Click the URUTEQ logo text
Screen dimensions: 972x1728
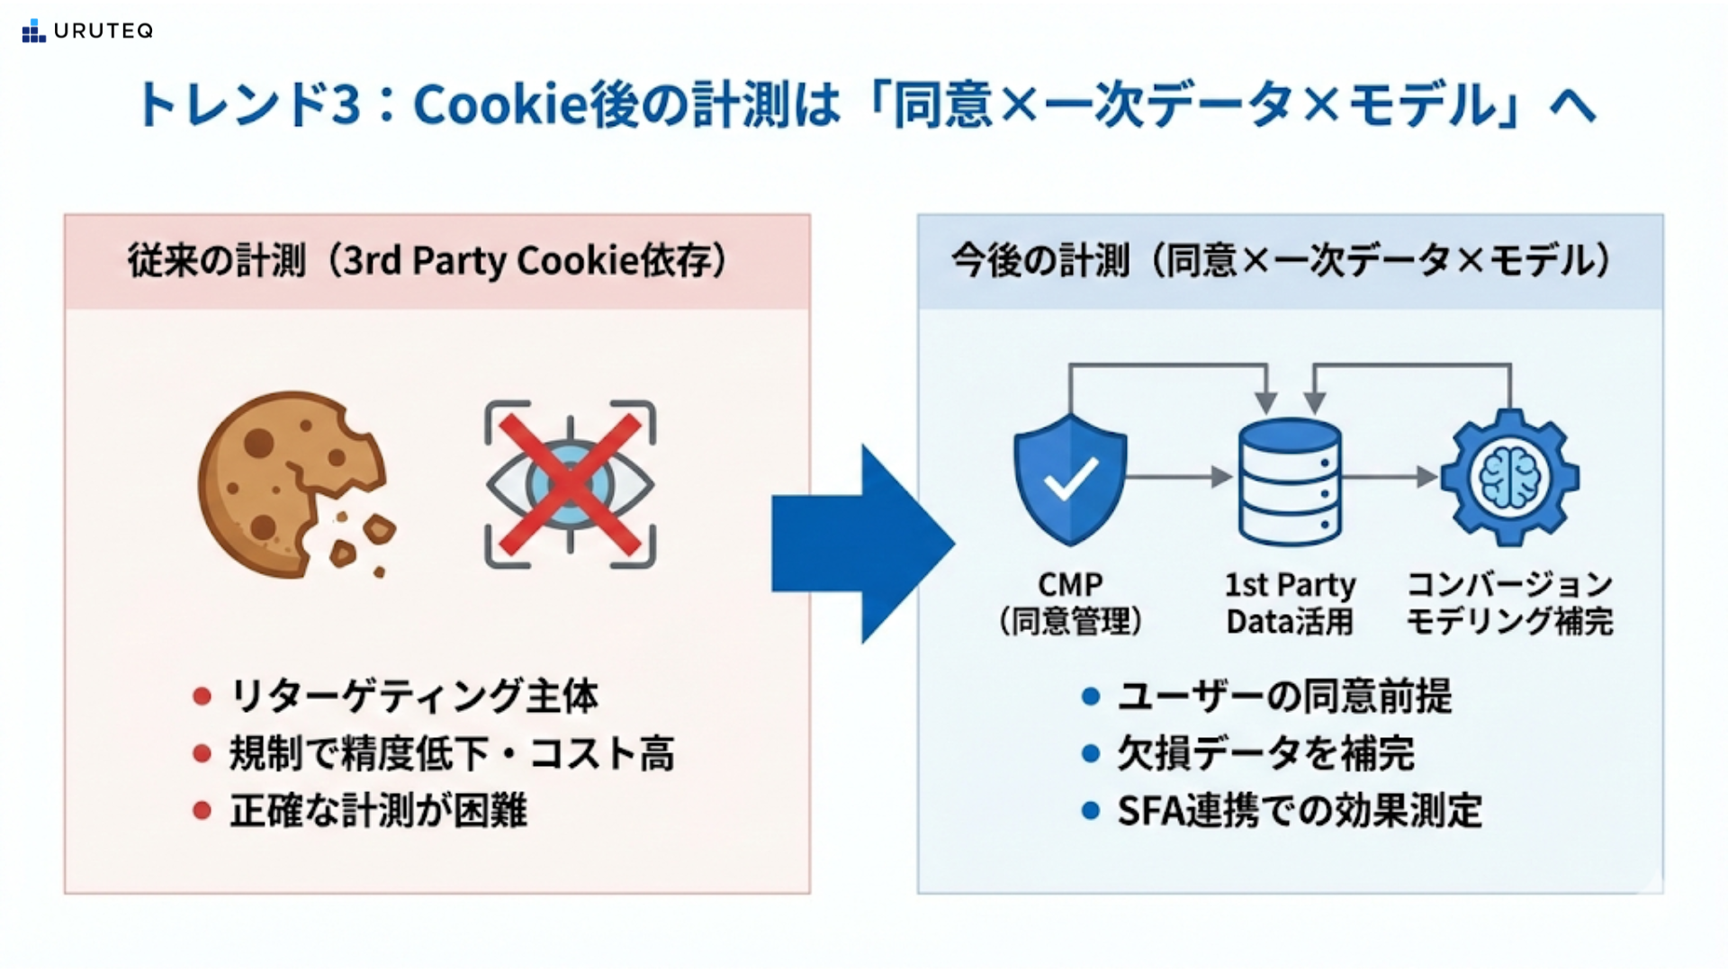click(103, 31)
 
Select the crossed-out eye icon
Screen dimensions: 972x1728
click(570, 484)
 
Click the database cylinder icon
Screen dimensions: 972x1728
click(1289, 482)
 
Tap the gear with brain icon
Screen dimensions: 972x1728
click(1509, 478)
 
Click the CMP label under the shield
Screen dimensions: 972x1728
click(1069, 585)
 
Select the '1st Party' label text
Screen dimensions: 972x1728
click(1289, 585)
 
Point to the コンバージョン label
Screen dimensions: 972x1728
click(1509, 585)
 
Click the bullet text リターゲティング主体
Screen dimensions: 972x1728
click(414, 696)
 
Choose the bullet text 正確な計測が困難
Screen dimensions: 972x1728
click(378, 810)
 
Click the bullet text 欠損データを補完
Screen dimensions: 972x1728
click(1265, 753)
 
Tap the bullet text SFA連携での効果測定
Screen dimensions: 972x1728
click(1300, 810)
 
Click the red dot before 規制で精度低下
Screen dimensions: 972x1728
click(202, 753)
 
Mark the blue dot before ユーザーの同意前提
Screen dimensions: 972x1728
click(1091, 696)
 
